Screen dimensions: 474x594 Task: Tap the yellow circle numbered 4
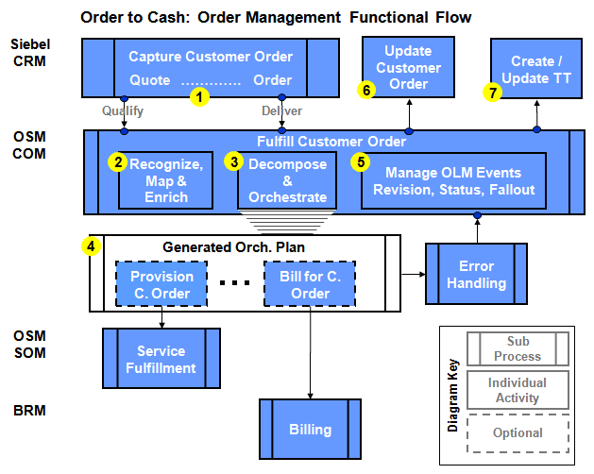pyautogui.click(x=91, y=246)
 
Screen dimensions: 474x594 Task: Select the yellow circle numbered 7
pyautogui.click(x=491, y=92)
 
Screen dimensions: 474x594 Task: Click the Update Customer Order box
pyautogui.click(x=408, y=67)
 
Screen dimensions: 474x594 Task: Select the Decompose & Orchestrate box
pyautogui.click(x=287, y=180)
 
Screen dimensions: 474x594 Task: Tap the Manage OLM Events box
pyautogui.click(x=453, y=180)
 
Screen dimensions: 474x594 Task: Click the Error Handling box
pyautogui.click(x=476, y=274)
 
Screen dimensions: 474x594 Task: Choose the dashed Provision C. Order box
pyautogui.click(x=161, y=284)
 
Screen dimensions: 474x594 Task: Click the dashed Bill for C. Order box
pyautogui.click(x=310, y=284)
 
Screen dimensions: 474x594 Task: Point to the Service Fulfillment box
pyautogui.click(x=161, y=358)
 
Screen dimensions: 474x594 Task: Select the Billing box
pyautogui.click(x=310, y=430)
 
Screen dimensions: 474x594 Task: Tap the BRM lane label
pyautogui.click(x=29, y=412)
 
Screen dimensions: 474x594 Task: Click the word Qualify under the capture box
pyautogui.click(x=123, y=110)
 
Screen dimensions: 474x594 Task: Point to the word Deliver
pyautogui.click(x=281, y=110)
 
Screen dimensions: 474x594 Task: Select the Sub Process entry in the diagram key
pyautogui.click(x=518, y=348)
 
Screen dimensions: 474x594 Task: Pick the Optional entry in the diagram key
pyautogui.click(x=518, y=432)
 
